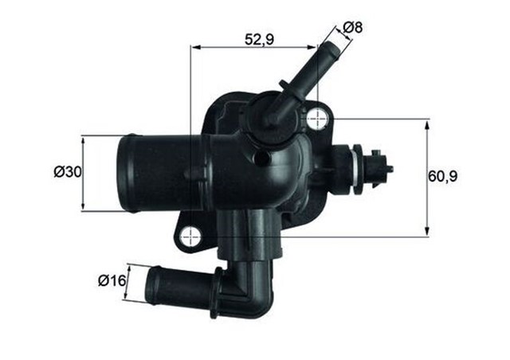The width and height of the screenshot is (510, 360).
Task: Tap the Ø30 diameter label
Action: click(68, 172)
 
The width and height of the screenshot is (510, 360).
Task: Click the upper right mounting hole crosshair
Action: click(318, 119)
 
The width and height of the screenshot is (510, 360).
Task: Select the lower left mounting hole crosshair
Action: click(190, 237)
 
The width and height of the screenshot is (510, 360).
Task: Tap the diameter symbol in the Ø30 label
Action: click(58, 172)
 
